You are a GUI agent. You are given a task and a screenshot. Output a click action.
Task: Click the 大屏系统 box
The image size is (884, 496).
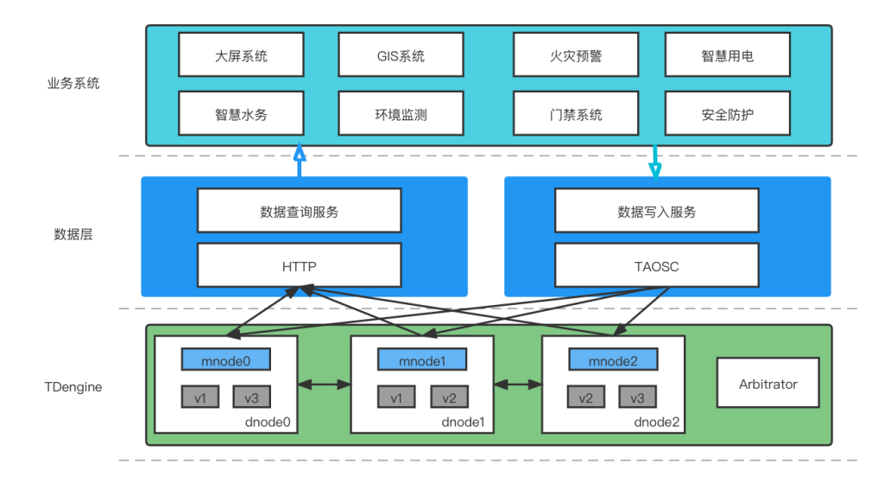[x=241, y=55]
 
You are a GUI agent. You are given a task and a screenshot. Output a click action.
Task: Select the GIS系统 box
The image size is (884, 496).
[x=401, y=55]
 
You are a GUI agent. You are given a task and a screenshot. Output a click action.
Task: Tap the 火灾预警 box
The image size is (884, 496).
[x=576, y=55]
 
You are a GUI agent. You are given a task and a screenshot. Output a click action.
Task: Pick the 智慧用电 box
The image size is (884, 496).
[x=727, y=55]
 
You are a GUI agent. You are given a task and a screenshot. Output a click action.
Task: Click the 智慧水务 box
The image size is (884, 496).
[x=241, y=114]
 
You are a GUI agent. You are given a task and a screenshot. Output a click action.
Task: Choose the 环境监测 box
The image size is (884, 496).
[x=401, y=114]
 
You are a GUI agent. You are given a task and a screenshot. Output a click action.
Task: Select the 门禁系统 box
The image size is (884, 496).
[x=576, y=114]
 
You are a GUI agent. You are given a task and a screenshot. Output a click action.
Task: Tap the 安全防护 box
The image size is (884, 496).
[x=727, y=114]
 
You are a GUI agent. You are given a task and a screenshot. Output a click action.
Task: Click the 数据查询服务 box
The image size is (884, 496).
[x=299, y=212]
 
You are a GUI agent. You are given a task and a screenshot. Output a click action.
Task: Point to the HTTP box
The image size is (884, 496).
[x=299, y=265]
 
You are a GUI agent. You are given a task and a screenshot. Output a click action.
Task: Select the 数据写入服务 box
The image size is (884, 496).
[x=657, y=212]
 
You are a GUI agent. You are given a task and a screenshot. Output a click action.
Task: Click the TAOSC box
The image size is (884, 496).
[x=657, y=265]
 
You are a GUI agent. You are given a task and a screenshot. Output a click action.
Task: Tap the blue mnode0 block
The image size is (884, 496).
[x=226, y=359]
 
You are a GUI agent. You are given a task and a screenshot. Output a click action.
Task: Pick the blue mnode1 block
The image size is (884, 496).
[x=422, y=359]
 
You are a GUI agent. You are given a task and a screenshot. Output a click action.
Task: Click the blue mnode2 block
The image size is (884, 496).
[x=613, y=359]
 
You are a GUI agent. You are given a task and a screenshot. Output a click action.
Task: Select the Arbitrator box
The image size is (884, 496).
[x=767, y=383]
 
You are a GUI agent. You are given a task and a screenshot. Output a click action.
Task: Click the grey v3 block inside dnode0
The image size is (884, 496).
[x=252, y=397]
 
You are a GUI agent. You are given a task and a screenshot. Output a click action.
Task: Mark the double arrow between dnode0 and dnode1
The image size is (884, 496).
[x=324, y=384]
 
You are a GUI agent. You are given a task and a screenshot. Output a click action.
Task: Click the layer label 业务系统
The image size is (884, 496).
[x=73, y=84]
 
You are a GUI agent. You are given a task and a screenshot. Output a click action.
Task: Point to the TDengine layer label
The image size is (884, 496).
[x=73, y=387]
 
